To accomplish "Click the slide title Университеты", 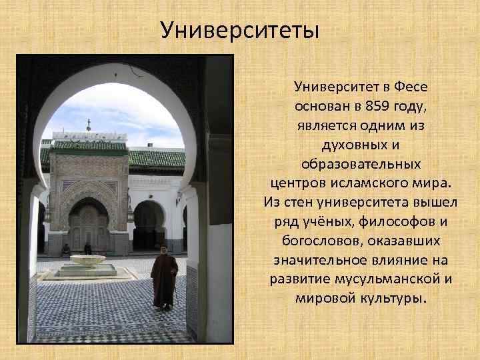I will (240, 30).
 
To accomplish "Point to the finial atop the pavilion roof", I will (89, 124).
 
